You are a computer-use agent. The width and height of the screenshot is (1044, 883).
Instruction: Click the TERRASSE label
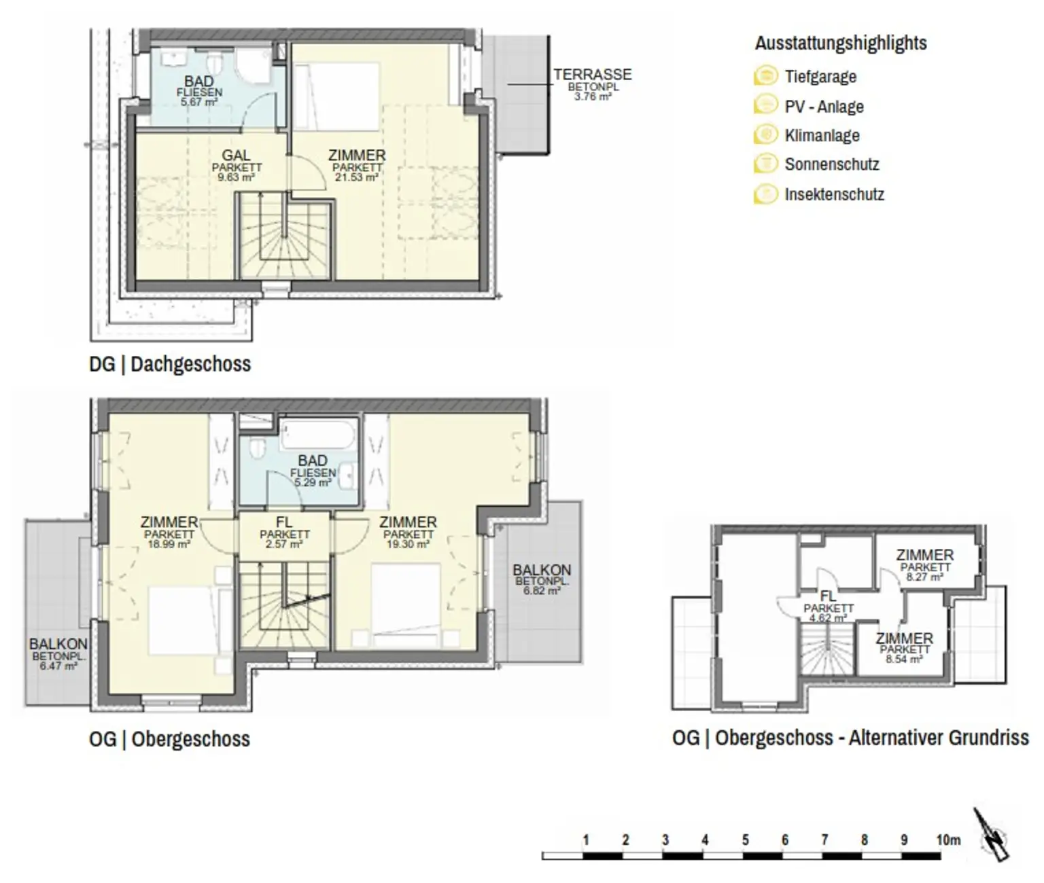click(593, 75)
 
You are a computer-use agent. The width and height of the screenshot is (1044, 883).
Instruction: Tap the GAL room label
click(237, 156)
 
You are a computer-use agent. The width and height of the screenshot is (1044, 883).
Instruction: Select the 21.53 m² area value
click(357, 177)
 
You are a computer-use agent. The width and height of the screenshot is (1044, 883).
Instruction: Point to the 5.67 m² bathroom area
click(199, 101)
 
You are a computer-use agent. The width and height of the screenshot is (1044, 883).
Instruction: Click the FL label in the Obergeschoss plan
click(284, 522)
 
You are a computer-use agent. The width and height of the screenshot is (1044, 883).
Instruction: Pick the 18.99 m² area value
click(169, 544)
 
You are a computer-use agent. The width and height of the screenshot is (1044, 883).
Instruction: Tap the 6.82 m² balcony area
click(542, 590)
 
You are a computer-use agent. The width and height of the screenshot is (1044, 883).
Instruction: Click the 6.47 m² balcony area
click(58, 666)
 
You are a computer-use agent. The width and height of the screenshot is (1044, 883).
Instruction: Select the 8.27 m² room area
click(924, 577)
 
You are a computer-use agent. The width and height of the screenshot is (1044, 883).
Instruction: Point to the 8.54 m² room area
click(904, 660)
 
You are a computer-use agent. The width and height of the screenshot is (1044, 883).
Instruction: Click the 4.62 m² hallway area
click(829, 618)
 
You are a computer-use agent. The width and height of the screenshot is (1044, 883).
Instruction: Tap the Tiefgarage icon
click(766, 75)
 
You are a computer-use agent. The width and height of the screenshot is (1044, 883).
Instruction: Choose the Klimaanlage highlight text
click(822, 135)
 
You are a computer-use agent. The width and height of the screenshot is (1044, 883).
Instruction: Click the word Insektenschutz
click(835, 194)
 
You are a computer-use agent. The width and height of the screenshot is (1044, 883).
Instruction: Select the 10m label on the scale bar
click(948, 840)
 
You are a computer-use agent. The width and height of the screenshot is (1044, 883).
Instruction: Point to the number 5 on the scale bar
click(746, 840)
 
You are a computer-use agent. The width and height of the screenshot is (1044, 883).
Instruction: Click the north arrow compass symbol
click(992, 841)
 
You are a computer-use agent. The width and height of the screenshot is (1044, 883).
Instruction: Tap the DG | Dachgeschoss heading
click(170, 364)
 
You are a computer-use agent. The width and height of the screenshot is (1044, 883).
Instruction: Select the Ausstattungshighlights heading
click(841, 43)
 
